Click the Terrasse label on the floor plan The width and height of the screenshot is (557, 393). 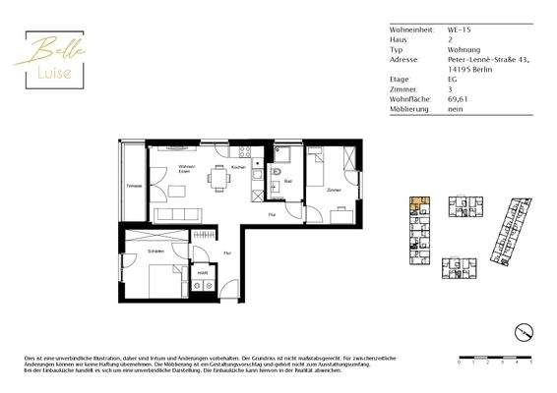click(x=134, y=185)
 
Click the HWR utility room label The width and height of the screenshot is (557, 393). click(x=202, y=272)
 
